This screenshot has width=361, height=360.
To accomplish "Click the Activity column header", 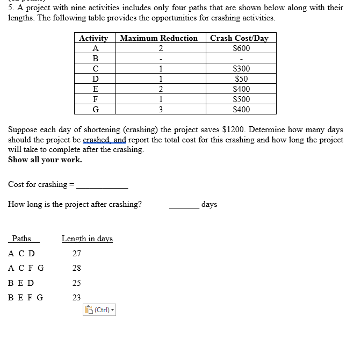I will pos(93,38).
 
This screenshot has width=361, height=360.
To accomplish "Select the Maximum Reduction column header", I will pos(159,38).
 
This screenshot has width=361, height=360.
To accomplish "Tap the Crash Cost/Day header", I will pos(239,38).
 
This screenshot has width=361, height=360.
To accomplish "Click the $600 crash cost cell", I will pos(241,48).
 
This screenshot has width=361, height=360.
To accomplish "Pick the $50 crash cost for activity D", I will pos(241,79).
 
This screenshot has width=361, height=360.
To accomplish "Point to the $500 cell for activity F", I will pos(241,99).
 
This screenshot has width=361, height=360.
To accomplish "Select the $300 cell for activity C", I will pos(241,69).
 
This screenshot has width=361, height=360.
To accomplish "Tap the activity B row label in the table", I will pos(95,59).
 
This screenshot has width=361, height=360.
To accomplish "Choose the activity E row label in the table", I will pos(95,89).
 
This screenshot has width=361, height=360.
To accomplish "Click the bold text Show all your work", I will pos(45,160).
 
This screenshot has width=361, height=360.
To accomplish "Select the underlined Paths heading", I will pos(21,239).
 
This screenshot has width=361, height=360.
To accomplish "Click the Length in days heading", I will pos(87,239).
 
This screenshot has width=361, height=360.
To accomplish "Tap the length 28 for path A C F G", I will pos(76,268).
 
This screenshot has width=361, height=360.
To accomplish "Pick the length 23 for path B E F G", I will pos(76,297).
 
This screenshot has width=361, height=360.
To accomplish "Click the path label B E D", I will pos(21,283).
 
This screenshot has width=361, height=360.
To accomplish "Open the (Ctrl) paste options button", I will pos(100,309).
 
